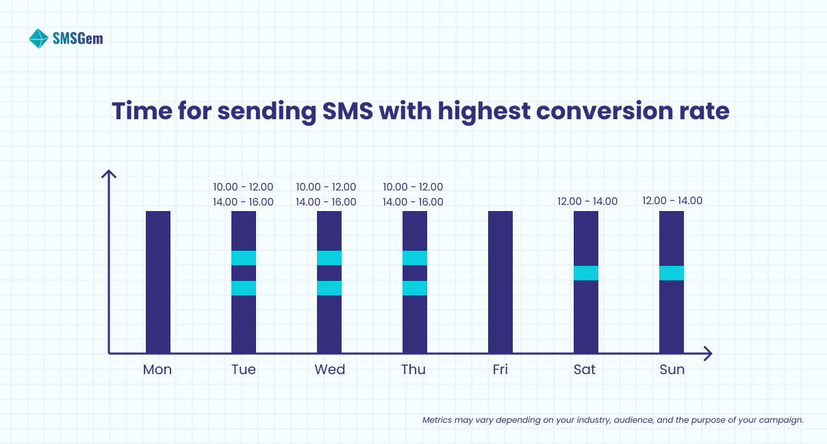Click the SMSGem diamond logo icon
[x=38, y=38]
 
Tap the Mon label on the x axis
[x=157, y=370]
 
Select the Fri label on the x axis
[x=500, y=370]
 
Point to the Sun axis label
[x=672, y=370]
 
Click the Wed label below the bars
[x=329, y=370]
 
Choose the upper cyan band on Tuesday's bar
[x=244, y=258]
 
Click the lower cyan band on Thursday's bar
[x=415, y=288]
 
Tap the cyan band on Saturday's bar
[x=586, y=273]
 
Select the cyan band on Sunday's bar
[x=672, y=273]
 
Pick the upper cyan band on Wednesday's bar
[x=329, y=258]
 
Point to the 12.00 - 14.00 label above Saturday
[x=587, y=201]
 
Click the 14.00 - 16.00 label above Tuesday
[x=243, y=202]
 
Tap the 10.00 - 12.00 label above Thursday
[x=413, y=187]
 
